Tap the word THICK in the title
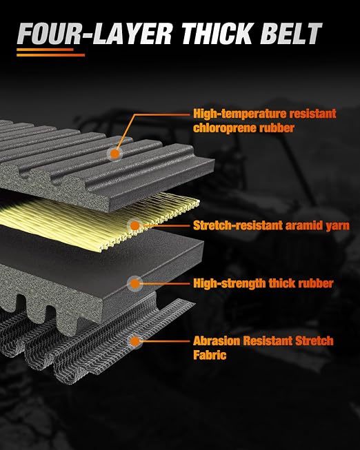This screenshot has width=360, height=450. click(217, 34)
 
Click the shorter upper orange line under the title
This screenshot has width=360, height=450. click(45, 50)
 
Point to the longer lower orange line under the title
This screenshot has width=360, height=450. click(50, 55)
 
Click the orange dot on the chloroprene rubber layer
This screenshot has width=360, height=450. click(115, 154)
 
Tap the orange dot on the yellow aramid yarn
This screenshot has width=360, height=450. click(134, 226)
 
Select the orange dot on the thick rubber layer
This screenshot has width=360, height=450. click(134, 284)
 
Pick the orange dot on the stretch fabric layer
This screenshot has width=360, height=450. click(134, 342)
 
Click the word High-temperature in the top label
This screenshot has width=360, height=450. click(239, 114)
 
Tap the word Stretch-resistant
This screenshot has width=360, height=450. click(239, 225)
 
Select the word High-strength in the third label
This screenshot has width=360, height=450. click(229, 283)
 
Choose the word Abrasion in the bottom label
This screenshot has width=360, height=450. click(217, 341)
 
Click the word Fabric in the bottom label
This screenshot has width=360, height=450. click(210, 355)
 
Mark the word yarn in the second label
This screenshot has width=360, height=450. click(338, 226)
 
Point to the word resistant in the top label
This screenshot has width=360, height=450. click(312, 114)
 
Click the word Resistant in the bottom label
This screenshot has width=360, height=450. click(268, 341)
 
